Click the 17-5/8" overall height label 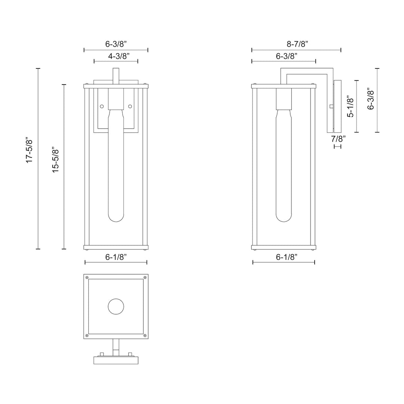coord(30,150)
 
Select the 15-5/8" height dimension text coord(56,159)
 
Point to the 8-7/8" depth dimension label coord(297,44)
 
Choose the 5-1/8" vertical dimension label coord(350,107)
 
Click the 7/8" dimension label coord(338,138)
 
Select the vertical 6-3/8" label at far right coord(371,99)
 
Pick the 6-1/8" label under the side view coord(286,257)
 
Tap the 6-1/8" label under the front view coord(116,257)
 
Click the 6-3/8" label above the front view coord(116,44)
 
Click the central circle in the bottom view coord(116,306)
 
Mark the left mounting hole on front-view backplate coord(102,107)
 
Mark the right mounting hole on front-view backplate coord(130,107)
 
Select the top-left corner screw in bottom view coord(87,278)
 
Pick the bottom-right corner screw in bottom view coord(145,335)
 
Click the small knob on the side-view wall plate coord(331,107)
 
